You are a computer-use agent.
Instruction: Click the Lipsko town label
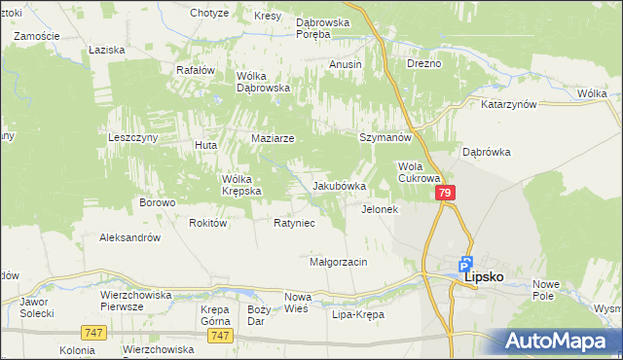484,276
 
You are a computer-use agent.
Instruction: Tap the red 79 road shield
445,195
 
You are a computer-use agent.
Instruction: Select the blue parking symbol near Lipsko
466,263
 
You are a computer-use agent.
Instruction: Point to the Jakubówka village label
339,186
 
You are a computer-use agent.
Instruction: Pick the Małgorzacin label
338,262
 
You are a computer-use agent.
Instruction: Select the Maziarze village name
273,138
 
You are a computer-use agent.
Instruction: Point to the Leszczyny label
132,138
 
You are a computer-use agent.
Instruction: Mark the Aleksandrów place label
129,236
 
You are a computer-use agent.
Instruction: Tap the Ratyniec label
293,223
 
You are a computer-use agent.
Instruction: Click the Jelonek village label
380,209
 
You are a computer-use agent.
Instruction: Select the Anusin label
346,64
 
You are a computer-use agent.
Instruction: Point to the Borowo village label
157,202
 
